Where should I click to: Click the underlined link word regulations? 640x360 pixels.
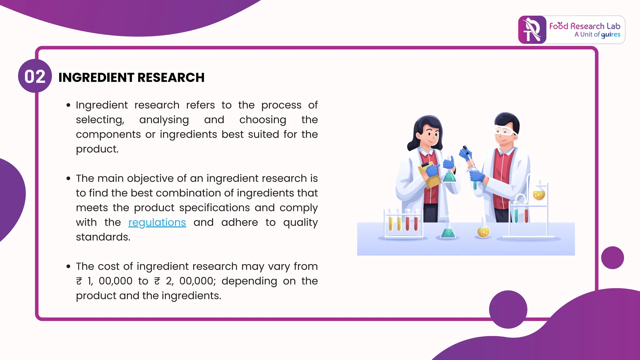coord(157,222)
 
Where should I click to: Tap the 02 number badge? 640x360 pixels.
coord(35,76)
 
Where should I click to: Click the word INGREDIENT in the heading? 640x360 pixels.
coord(95,77)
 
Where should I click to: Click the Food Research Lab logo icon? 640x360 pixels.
coord(532,30)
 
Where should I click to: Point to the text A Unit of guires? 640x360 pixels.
coord(597,35)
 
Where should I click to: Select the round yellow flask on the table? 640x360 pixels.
coord(483,231)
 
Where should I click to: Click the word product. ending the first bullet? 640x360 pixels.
coord(97,149)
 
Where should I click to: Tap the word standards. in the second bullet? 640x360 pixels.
coord(103,237)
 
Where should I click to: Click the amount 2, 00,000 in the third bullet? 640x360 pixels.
coord(191,281)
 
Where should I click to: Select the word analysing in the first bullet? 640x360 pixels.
coord(164,120)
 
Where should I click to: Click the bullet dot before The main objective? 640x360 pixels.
coord(68,178)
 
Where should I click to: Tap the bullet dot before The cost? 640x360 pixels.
coord(68,267)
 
